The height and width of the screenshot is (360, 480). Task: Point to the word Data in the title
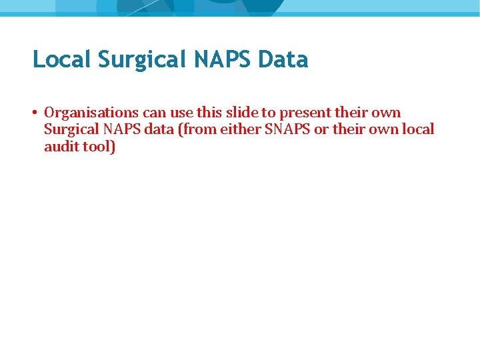coord(283,60)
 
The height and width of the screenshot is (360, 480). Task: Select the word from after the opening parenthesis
coord(194,129)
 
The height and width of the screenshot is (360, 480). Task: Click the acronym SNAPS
coord(287,129)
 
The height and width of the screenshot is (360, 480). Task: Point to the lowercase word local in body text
coord(419,129)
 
